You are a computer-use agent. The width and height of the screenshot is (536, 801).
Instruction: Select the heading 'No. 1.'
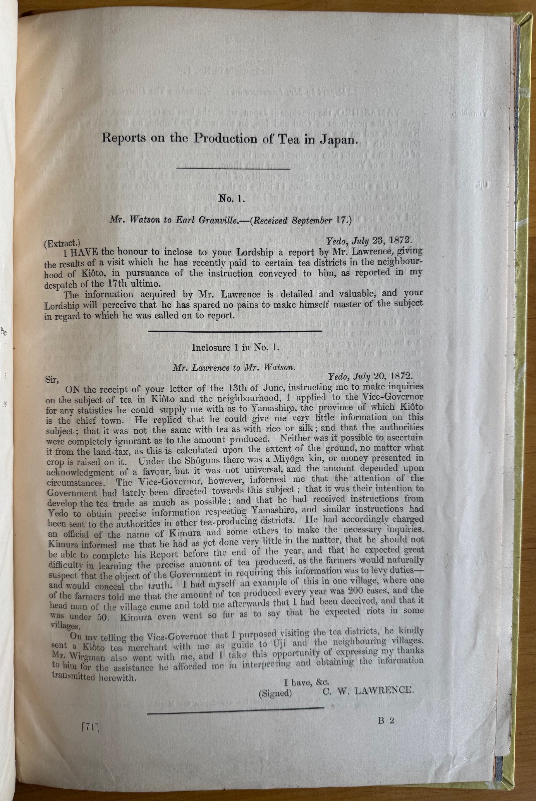tap(232, 199)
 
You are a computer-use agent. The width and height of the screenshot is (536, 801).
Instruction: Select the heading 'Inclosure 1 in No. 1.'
tap(236, 348)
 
